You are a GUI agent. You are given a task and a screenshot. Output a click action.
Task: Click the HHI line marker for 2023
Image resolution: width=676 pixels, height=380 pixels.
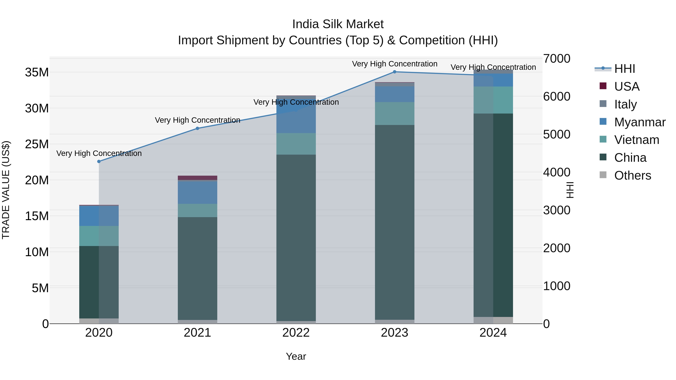pos(394,72)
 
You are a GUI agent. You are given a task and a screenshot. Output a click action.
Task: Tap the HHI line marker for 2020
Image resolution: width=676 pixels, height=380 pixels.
pos(99,162)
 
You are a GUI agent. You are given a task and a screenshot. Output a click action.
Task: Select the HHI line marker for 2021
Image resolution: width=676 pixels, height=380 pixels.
pos(198,129)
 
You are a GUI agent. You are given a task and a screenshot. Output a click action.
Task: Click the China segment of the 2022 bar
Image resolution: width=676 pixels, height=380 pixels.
pos(296,237)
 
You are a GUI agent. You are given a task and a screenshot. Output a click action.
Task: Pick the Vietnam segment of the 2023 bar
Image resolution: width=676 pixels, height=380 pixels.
pos(394,114)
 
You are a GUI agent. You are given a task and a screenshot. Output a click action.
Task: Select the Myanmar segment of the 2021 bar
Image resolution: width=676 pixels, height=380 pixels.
pos(198,193)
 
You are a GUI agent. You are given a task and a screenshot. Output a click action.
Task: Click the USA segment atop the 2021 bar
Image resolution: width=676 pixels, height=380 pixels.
pos(198,178)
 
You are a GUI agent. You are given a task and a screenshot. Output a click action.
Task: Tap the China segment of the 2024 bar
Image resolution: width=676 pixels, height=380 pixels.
pos(493,215)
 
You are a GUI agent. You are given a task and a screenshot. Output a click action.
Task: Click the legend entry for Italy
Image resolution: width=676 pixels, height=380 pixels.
pos(625,104)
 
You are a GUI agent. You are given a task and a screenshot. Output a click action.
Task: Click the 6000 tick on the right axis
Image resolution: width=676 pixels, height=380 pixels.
pos(557,96)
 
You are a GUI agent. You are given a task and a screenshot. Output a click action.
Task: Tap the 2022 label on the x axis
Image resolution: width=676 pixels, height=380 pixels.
pos(296,333)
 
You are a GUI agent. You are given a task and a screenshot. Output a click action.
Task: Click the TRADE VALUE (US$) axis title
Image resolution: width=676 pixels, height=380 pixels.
pos(6,190)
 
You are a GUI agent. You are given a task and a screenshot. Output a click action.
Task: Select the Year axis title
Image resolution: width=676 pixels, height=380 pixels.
pos(296,356)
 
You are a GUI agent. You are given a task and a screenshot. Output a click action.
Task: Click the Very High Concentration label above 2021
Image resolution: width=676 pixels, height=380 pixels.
pos(198,120)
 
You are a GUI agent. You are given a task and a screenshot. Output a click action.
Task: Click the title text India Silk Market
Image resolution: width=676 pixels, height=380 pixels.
pos(338,24)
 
